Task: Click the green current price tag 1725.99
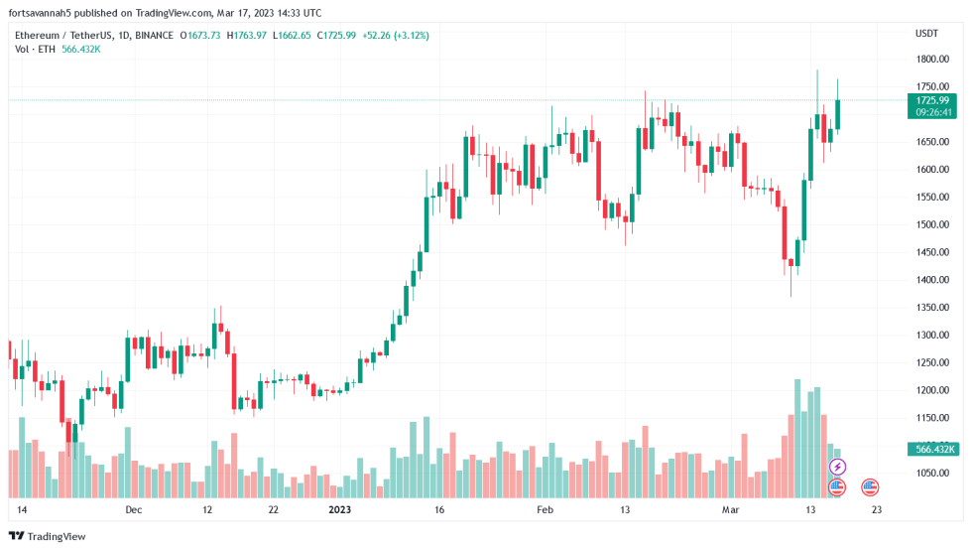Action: [932, 100]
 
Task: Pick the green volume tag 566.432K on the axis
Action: [932, 450]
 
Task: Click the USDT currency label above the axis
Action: [926, 33]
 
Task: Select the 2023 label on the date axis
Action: [339, 510]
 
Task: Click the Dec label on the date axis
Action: [134, 510]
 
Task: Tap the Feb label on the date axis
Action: [545, 510]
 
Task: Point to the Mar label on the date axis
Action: [731, 510]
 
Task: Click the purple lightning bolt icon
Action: [837, 467]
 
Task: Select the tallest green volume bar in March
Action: [797, 437]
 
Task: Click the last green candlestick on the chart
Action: [838, 114]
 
